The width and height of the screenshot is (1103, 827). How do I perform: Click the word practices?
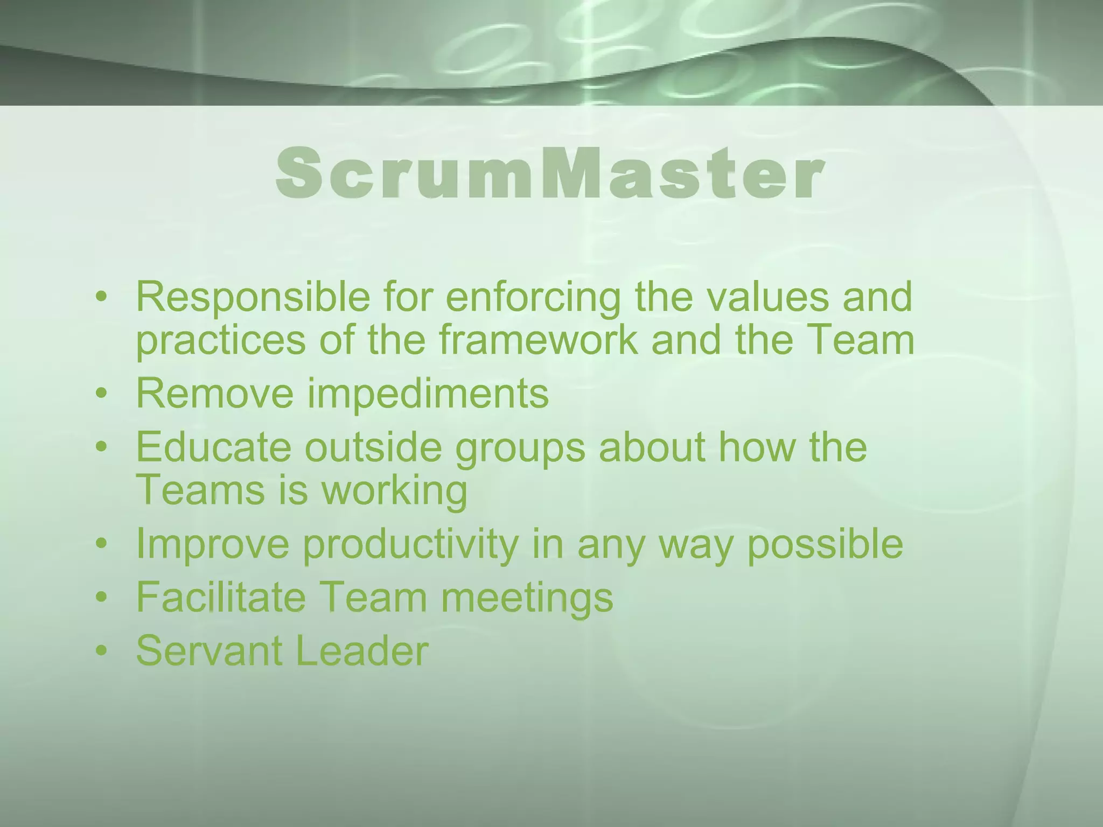pos(221,341)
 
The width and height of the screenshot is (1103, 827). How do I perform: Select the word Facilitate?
pos(221,597)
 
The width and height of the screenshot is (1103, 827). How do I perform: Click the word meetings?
pos(527,598)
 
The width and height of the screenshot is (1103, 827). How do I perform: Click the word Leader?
pos(361,650)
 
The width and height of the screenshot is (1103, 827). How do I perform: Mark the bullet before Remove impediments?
pos(101,395)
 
